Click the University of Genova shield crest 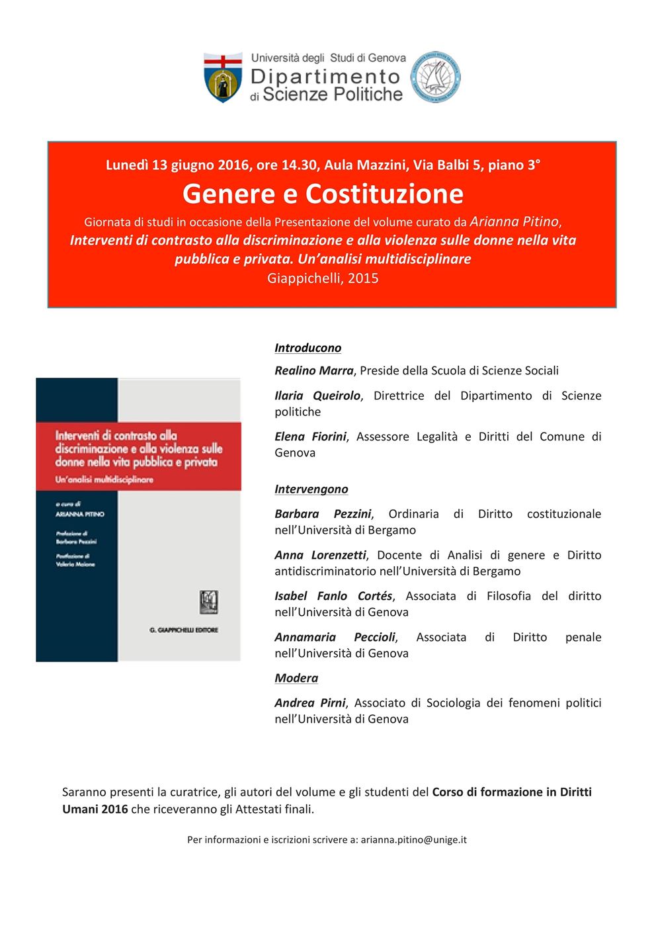tap(223, 77)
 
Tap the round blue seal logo tap(436, 77)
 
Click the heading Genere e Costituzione tap(323, 193)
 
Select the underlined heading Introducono tap(307, 348)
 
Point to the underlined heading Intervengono tap(311, 489)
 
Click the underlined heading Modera tap(296, 678)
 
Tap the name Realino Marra tap(314, 370)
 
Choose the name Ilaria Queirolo tap(317, 396)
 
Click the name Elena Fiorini tap(310, 437)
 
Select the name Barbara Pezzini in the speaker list tap(323, 514)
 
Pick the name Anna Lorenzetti tap(320, 555)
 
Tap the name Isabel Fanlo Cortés tap(333, 596)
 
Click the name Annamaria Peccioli tap(335, 637)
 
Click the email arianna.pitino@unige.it tap(413, 840)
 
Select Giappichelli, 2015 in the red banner tap(323, 278)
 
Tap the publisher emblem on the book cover tap(209, 601)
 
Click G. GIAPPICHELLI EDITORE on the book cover tap(184, 630)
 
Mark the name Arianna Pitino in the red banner tap(514, 222)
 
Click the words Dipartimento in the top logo tap(325, 77)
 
